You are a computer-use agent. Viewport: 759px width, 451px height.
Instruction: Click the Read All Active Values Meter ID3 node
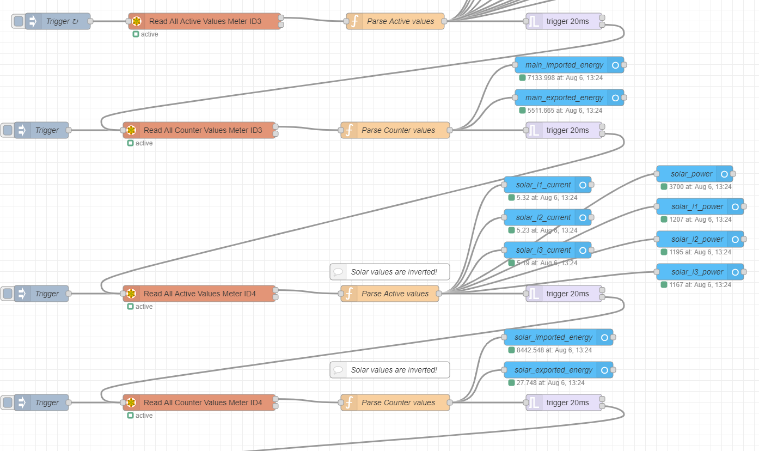tap(205, 21)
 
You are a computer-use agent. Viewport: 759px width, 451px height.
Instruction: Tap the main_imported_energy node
tap(564, 65)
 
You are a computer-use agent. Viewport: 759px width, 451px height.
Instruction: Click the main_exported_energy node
tap(564, 97)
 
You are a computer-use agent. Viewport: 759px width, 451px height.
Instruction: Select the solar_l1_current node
tap(543, 185)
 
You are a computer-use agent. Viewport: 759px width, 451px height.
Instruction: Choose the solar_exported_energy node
tap(553, 370)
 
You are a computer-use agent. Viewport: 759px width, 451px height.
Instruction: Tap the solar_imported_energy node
tap(553, 337)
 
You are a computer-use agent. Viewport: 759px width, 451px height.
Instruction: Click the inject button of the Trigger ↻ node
tap(19, 21)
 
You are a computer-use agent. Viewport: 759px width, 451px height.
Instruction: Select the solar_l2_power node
tap(697, 239)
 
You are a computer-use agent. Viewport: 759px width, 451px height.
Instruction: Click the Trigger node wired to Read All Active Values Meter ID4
tap(47, 294)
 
